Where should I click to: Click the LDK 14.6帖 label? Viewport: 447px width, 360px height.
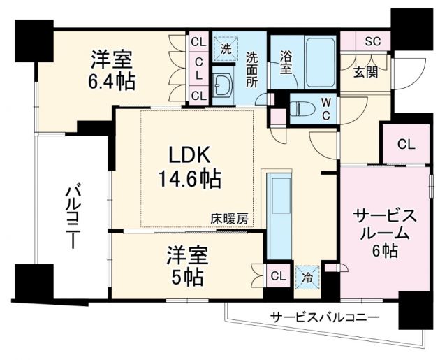tap(186, 167)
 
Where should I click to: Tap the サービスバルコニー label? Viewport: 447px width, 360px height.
tap(324, 317)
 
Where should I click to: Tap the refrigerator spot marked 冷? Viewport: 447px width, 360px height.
tap(305, 276)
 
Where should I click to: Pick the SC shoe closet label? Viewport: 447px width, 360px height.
tap(372, 41)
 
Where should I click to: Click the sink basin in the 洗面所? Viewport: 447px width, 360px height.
tap(226, 87)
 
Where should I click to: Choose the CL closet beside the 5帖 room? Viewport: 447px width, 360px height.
tap(277, 275)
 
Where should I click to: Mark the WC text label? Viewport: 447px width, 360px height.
tap(325, 109)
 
